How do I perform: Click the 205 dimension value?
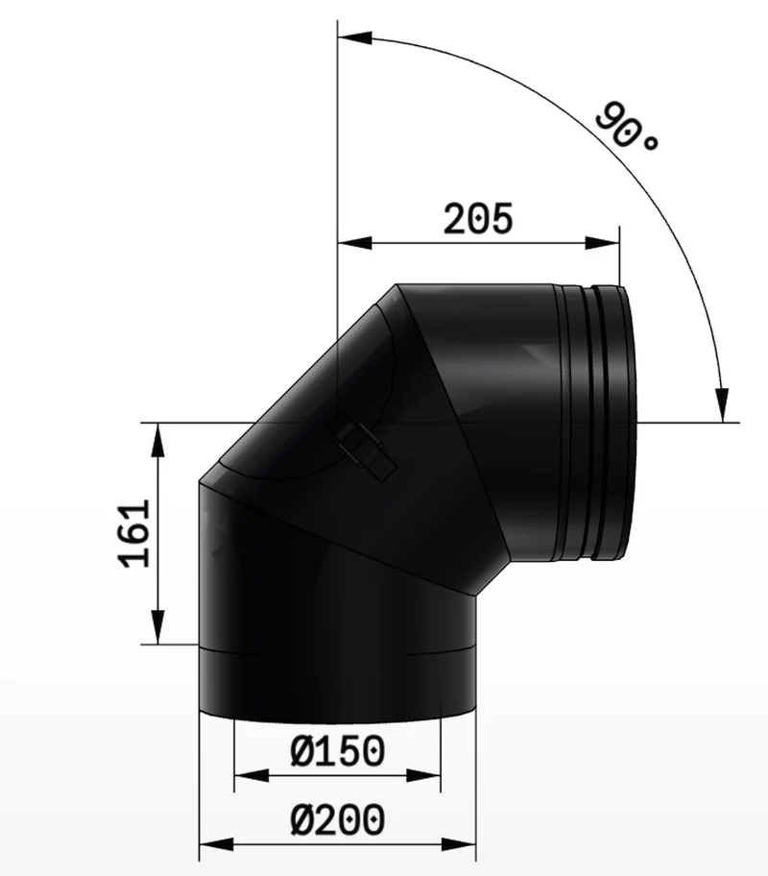[477, 218]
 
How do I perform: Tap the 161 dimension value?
[136, 533]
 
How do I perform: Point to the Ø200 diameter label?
[337, 819]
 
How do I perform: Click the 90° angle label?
[627, 128]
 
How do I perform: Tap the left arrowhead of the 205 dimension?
[354, 243]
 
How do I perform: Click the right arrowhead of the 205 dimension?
[603, 243]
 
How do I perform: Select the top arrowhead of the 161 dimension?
[158, 440]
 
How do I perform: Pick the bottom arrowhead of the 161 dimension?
[158, 627]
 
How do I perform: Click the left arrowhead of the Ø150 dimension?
[252, 775]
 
